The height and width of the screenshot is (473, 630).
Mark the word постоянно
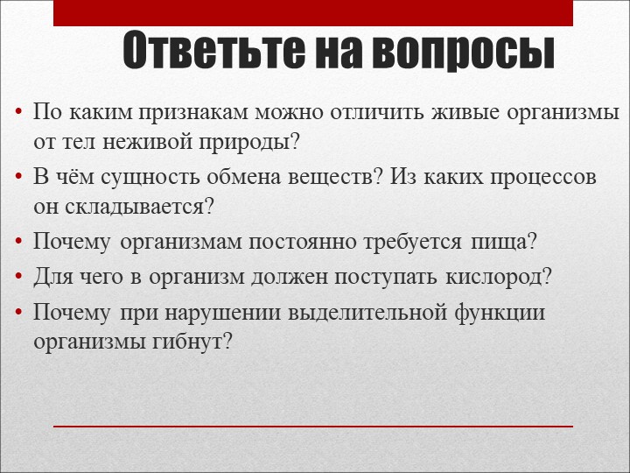point(280,241)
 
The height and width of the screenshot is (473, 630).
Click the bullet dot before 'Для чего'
point(19,278)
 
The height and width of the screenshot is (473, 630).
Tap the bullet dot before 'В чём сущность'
point(19,178)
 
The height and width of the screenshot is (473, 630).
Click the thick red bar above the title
point(313,13)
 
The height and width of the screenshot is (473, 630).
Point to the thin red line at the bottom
point(313,427)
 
